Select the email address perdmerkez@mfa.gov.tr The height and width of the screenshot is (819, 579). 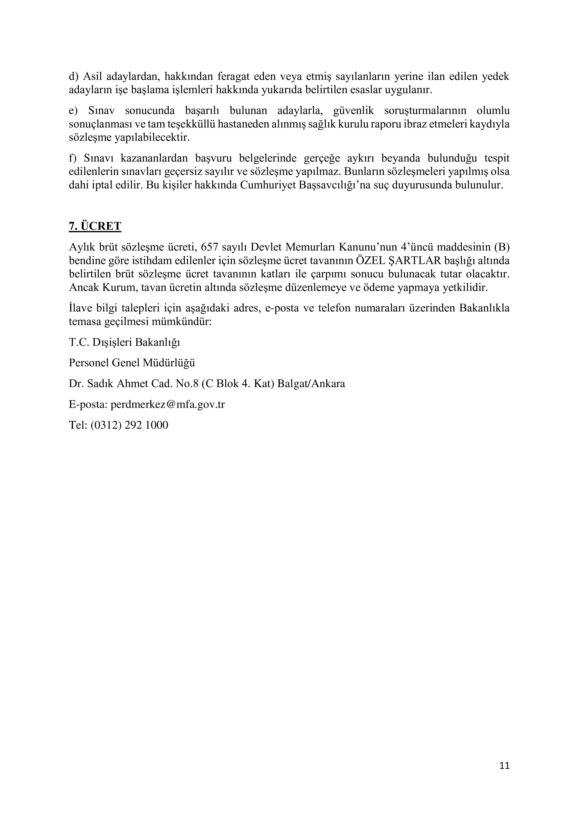pyautogui.click(x=168, y=405)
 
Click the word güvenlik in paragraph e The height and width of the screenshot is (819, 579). pyautogui.click(x=353, y=111)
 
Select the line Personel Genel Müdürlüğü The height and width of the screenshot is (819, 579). pyautogui.click(x=132, y=363)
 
